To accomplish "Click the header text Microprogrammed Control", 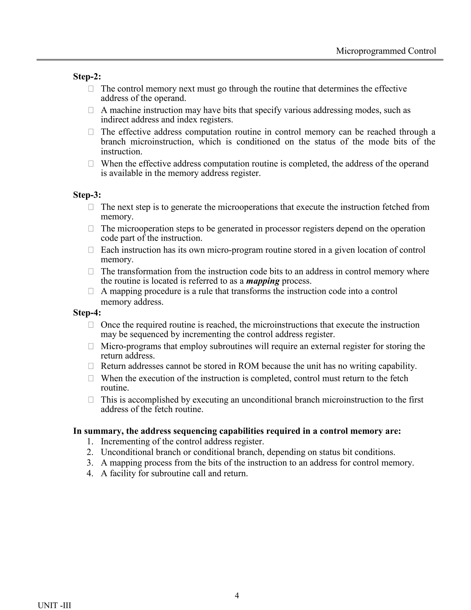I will tap(386, 51).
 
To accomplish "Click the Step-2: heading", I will tap(87, 76).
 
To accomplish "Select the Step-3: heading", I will tap(87, 195).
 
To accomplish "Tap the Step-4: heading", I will tap(87, 313).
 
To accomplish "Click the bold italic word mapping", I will tap(263, 281).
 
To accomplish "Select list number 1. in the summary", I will tap(90, 442).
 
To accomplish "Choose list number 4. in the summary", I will tap(90, 473).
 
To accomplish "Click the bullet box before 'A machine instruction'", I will tap(91, 110).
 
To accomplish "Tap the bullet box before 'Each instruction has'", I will tap(91, 250).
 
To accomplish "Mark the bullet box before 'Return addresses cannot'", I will tap(91, 366).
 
